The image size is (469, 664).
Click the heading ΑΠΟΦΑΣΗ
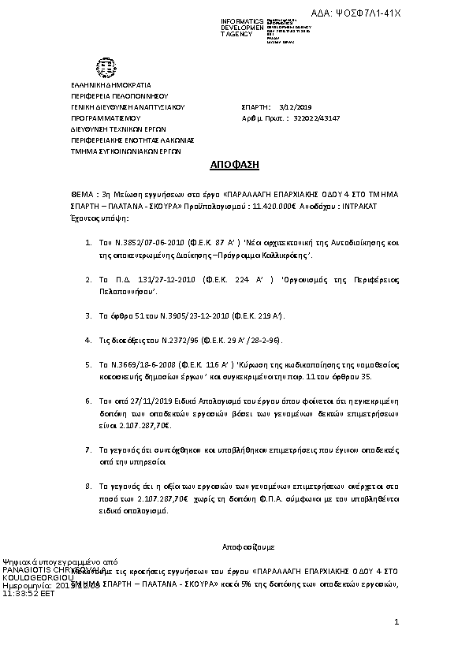point(234,165)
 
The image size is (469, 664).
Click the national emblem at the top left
point(103,66)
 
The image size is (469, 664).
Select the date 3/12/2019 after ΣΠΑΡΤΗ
point(292,106)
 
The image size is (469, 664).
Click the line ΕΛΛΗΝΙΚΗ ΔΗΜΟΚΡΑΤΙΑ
point(110,85)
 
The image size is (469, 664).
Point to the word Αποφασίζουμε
point(244,546)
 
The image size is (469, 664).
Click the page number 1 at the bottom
point(396,623)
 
